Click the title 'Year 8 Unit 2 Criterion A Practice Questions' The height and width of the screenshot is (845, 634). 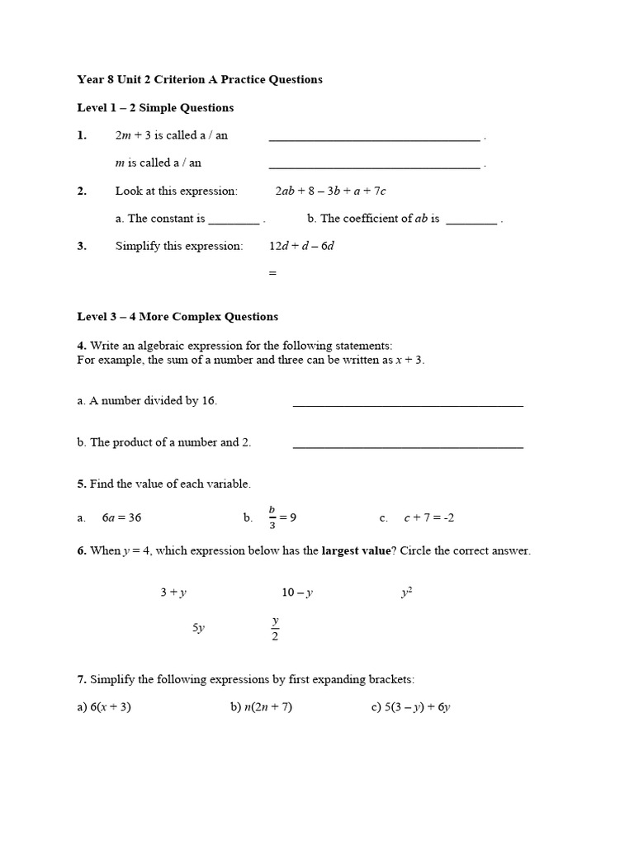(200, 80)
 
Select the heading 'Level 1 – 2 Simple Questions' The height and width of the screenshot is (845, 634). (155, 108)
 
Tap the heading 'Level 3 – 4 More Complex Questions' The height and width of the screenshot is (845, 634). (177, 317)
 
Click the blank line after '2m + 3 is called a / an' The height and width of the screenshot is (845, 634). (374, 139)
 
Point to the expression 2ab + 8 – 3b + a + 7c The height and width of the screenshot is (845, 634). (330, 191)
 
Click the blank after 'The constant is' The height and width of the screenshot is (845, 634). (234, 221)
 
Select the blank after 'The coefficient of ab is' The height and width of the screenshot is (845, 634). (471, 221)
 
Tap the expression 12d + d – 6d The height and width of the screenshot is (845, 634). (301, 246)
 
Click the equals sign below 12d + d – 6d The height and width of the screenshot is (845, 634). (272, 273)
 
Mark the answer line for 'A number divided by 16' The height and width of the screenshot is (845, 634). (408, 404)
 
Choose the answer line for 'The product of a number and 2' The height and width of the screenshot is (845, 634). (408, 446)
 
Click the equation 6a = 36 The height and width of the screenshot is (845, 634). (121, 518)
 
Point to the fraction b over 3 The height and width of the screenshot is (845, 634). (272, 517)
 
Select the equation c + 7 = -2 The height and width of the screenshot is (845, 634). (428, 518)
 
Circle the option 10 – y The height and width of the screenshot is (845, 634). (297, 592)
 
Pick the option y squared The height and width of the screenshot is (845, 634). (406, 592)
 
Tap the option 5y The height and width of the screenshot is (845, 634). (198, 628)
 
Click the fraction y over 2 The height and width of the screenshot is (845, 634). (275, 628)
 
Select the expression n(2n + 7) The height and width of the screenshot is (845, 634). (267, 707)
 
